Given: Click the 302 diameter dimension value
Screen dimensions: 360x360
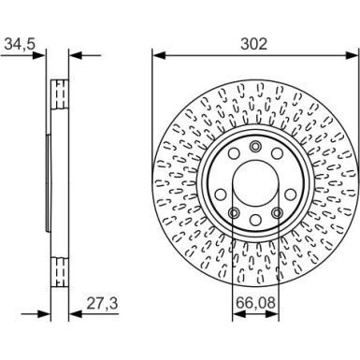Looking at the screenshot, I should coord(254,44).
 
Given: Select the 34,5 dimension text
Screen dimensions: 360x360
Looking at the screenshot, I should coord(19,44).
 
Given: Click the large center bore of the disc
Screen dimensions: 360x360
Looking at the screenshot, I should coord(255,181).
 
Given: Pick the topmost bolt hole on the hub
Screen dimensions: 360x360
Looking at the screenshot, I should coord(255,146).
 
